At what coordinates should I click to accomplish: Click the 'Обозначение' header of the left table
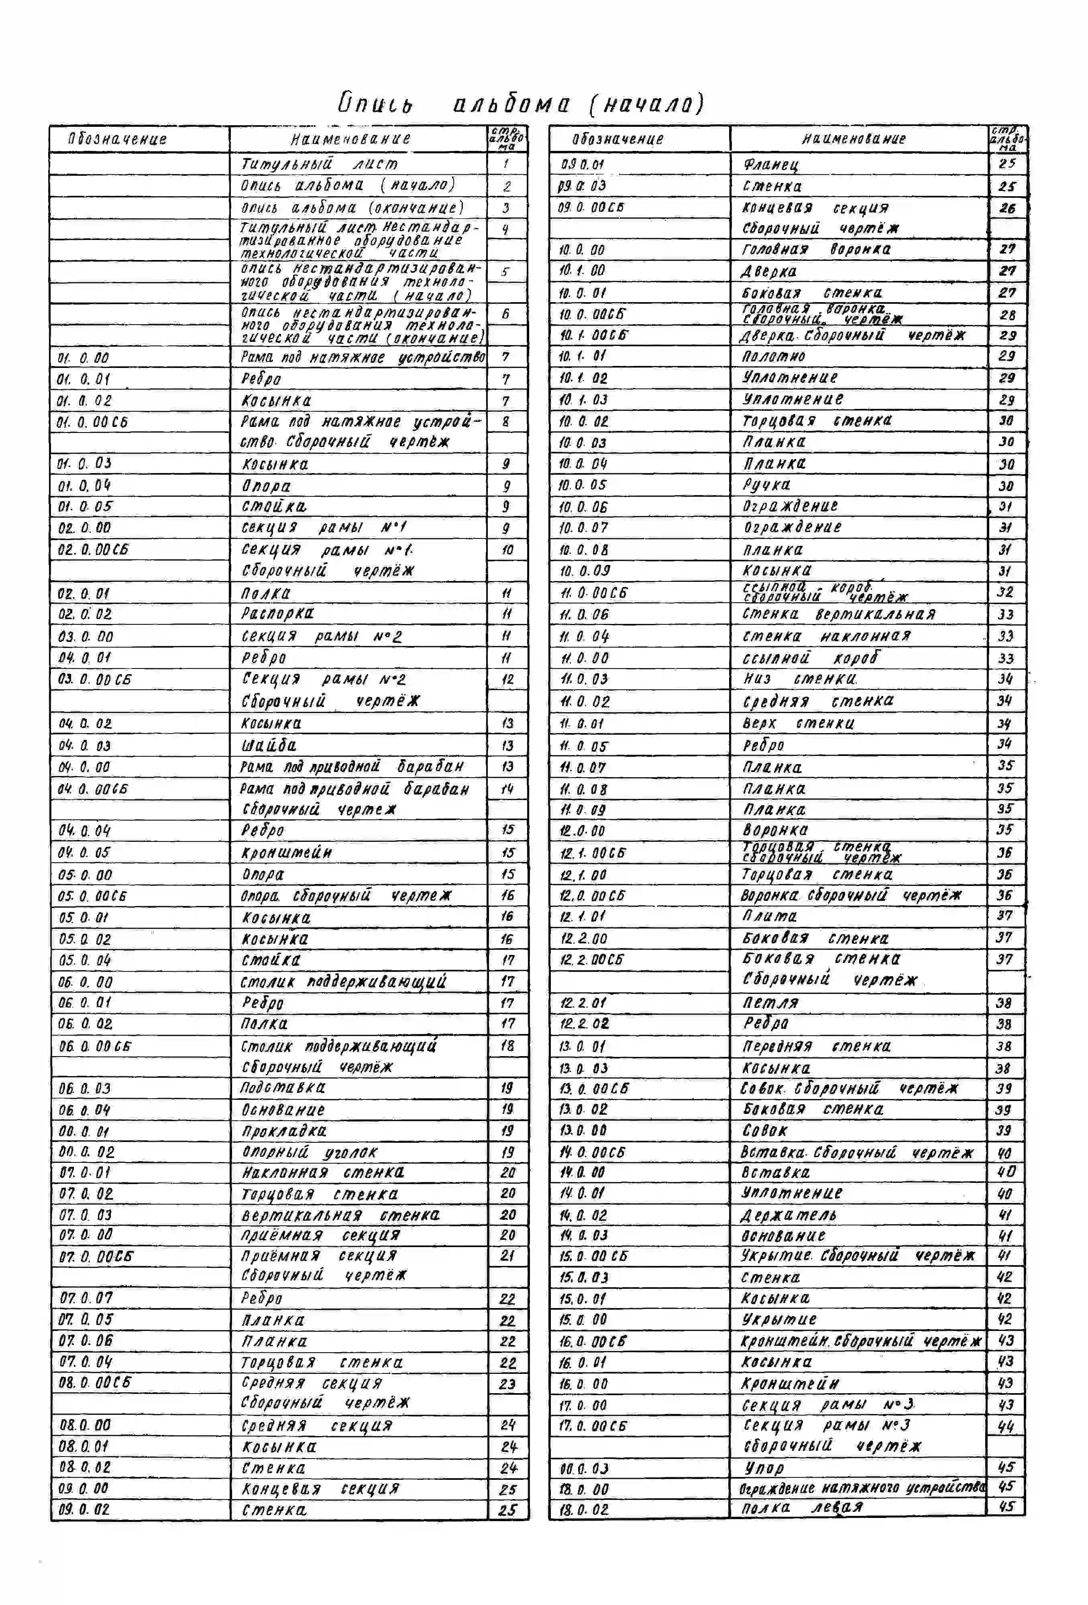click(x=118, y=139)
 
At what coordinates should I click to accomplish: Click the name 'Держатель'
click(x=788, y=1215)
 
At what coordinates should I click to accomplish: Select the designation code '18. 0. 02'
click(x=584, y=1510)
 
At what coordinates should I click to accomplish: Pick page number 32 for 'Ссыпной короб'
click(x=1005, y=592)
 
